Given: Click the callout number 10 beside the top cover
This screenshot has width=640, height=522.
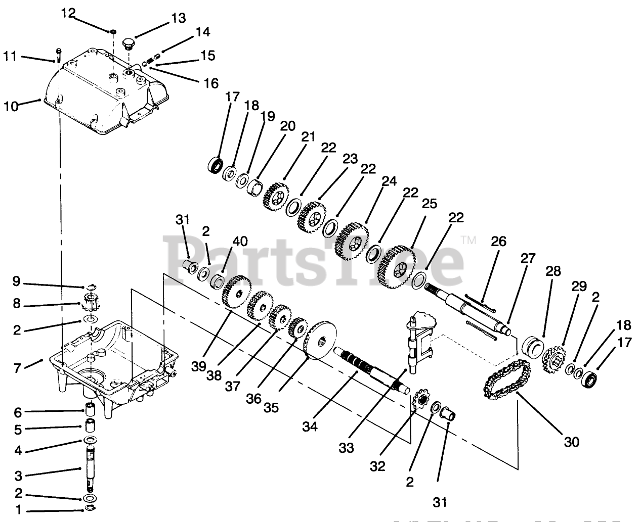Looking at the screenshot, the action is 11,106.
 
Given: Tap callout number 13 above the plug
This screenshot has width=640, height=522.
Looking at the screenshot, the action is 179,19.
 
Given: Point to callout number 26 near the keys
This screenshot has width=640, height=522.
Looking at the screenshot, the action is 498,242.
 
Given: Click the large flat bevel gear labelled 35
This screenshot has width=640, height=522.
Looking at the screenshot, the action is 320,341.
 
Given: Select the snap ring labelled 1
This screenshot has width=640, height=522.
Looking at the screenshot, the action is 91,509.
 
